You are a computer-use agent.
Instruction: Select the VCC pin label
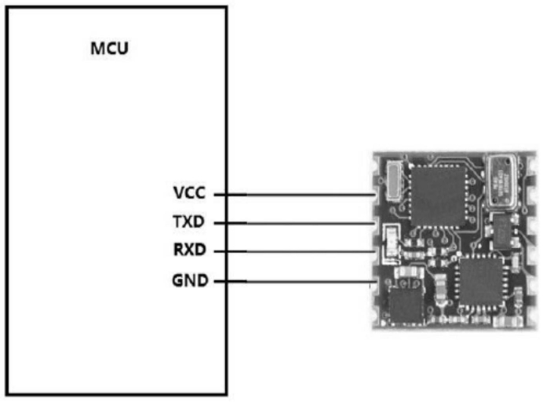coord(190,193)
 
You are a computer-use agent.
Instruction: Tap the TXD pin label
coord(189,223)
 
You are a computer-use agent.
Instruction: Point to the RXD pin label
coord(189,251)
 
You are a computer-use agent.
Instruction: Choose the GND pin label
coord(190,280)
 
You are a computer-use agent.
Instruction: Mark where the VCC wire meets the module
coord(374,194)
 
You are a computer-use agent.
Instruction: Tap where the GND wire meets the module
coord(374,280)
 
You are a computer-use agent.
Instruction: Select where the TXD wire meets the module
coord(374,223)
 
